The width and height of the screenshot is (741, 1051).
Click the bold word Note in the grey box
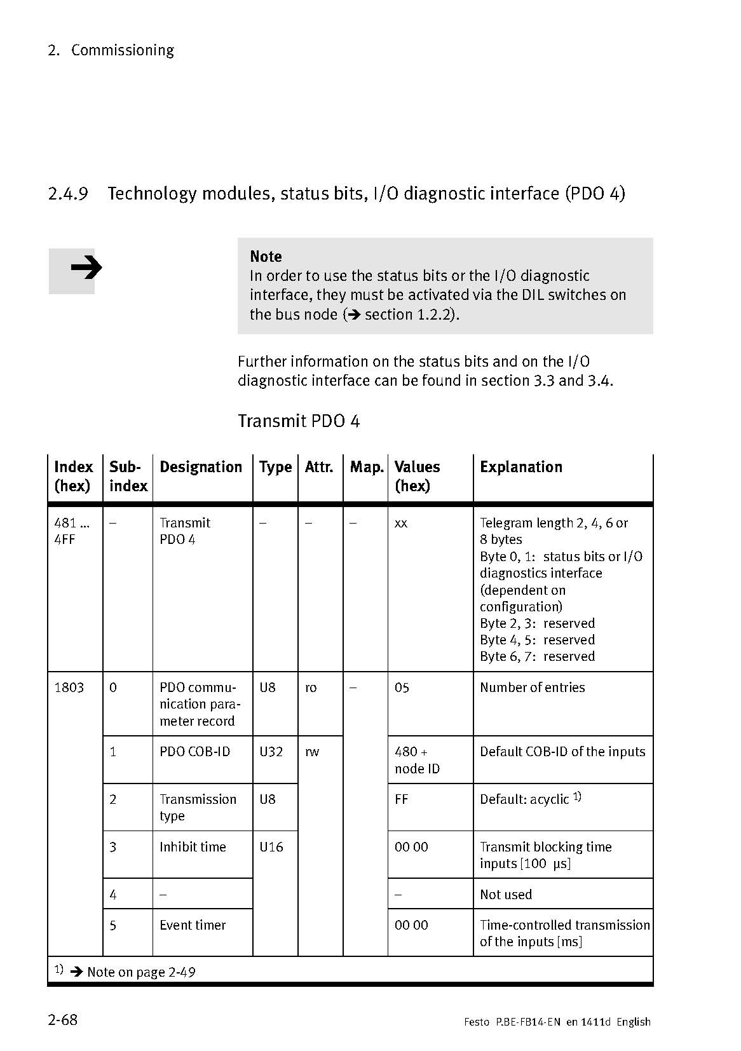[x=266, y=257]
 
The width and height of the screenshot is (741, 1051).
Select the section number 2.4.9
[x=67, y=193]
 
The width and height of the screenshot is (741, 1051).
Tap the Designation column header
[x=201, y=467]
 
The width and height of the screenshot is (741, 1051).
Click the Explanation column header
[x=520, y=467]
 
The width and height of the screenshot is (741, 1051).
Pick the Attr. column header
[x=319, y=467]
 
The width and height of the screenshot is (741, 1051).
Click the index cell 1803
[x=69, y=688]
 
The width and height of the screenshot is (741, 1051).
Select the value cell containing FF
[x=402, y=799]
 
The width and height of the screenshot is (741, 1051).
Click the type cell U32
[x=271, y=752]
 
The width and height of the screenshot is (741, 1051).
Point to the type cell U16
[x=271, y=847]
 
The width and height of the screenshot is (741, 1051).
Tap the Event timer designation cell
[x=193, y=925]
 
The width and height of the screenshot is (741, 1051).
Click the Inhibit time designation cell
[x=193, y=847]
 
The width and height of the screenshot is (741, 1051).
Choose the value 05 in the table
[x=402, y=688]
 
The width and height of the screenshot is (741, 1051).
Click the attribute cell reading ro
[x=311, y=688]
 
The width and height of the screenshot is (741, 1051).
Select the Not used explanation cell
[x=506, y=895]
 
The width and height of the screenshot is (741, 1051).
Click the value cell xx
[x=401, y=524]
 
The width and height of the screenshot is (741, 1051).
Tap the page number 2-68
[x=62, y=1020]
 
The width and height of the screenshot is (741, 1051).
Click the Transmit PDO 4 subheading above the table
[x=299, y=421]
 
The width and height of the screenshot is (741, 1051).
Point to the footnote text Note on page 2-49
[x=141, y=972]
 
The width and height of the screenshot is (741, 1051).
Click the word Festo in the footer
[x=477, y=1022]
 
